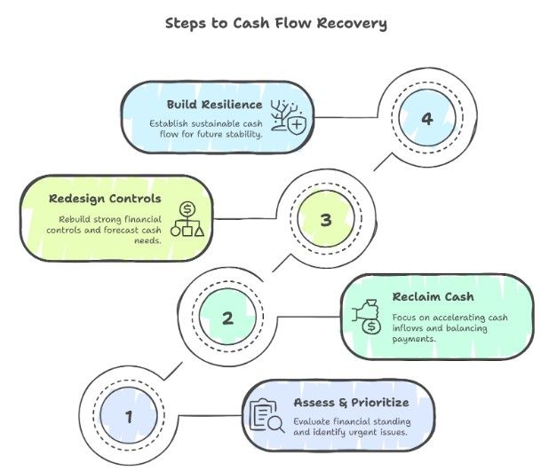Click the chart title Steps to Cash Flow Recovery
[275, 23]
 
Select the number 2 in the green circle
[227, 317]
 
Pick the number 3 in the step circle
[325, 219]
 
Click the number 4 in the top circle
[426, 119]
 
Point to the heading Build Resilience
[214, 105]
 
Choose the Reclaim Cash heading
[433, 296]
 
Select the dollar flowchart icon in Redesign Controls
[187, 219]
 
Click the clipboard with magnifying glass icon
[267, 416]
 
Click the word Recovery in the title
[354, 23]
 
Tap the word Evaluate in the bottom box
[314, 421]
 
